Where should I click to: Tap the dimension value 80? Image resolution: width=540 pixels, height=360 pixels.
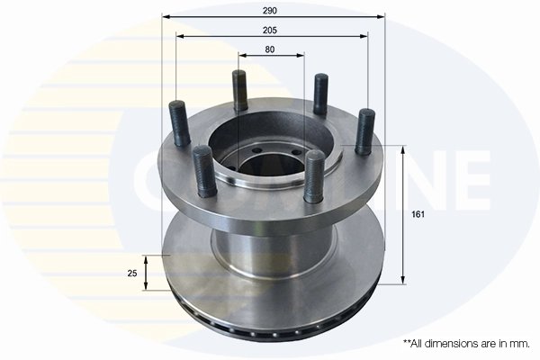coord(271,49)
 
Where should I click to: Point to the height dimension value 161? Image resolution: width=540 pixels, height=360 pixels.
coord(417,215)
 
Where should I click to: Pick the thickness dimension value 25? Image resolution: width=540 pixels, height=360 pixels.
coord(131,274)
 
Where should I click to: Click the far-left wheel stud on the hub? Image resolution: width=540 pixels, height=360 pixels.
coord(177,125)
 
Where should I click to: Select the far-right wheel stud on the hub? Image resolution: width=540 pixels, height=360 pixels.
coord(364,130)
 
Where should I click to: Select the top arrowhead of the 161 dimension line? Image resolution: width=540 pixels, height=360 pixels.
coord(401,150)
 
